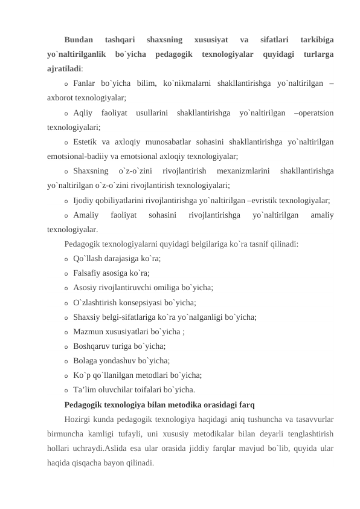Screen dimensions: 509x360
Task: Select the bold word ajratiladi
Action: click(x=65, y=69)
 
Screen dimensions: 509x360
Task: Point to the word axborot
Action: click(x=60, y=97)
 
